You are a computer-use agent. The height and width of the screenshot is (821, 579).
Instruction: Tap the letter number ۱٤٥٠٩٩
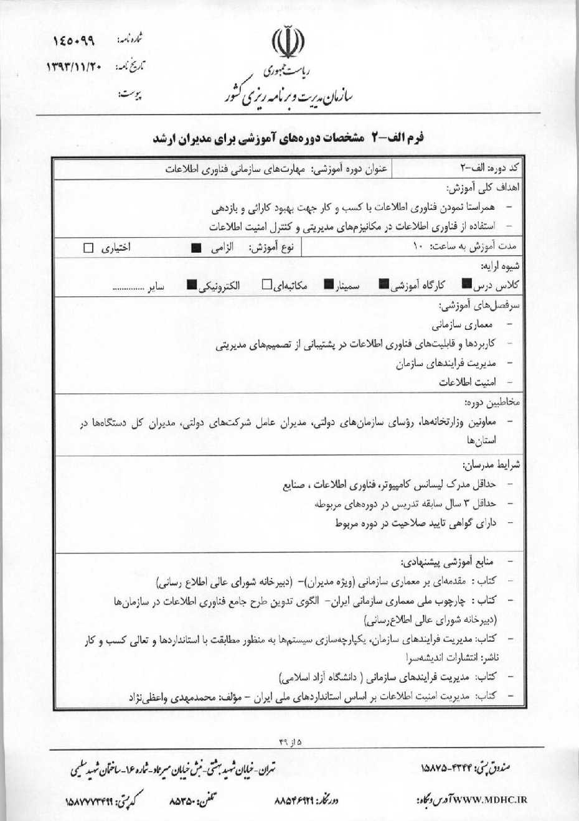tap(73, 40)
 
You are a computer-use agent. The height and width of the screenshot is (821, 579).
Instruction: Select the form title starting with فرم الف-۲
tap(289, 138)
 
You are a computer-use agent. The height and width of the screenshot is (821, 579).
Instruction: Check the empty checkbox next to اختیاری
tap(88, 248)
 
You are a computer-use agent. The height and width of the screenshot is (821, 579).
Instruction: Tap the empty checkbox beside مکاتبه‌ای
tap(266, 285)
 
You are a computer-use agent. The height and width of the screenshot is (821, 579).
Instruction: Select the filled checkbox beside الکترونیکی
tap(192, 286)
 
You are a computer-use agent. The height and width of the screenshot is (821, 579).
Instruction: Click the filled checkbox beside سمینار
tap(329, 285)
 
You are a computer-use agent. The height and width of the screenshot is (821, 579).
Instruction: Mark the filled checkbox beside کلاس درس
tap(466, 285)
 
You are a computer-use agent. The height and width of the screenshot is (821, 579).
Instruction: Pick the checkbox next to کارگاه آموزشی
tap(384, 285)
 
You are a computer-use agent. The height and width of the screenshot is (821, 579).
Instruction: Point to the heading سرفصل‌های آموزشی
tap(480, 306)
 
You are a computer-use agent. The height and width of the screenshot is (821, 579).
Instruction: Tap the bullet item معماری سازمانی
tap(462, 325)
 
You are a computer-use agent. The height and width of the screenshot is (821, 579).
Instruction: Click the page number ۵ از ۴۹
tap(289, 742)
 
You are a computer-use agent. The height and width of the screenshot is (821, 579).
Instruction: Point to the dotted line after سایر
tap(128, 289)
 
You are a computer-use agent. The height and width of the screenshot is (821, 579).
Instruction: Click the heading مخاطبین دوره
tap(492, 403)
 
